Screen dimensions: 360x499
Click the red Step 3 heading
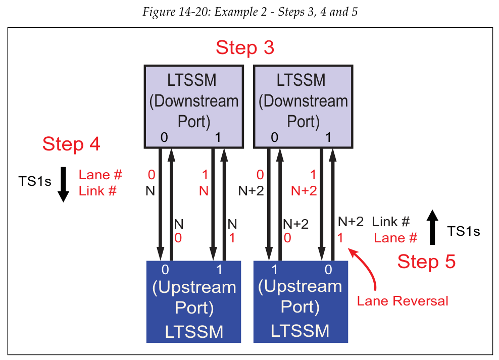click(x=245, y=47)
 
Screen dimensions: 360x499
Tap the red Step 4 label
click(x=71, y=144)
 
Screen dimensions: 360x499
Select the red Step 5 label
click(x=426, y=262)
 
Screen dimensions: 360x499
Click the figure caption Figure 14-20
click(x=249, y=12)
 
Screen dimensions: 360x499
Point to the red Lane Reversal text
click(x=403, y=301)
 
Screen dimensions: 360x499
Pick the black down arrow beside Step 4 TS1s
click(x=63, y=184)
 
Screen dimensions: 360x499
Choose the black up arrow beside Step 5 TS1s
click(x=432, y=228)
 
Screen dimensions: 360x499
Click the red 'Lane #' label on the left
click(x=101, y=175)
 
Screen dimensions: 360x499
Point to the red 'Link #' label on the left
click(x=98, y=191)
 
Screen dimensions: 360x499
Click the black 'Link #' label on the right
click(x=390, y=221)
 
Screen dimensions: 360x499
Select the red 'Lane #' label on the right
click(x=395, y=238)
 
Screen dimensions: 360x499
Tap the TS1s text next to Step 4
click(x=35, y=181)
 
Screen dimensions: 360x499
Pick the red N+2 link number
click(x=305, y=191)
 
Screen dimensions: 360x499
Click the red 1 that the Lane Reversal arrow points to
click(x=340, y=238)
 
